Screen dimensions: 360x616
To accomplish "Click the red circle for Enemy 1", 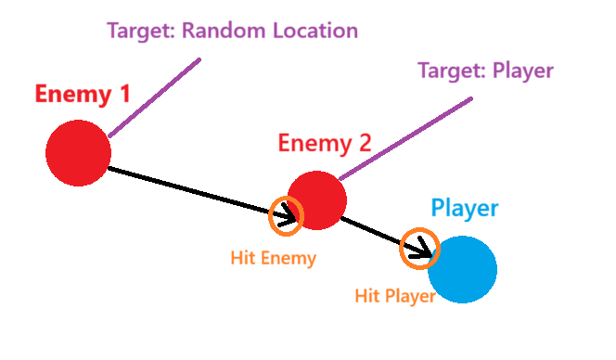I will click(78, 153).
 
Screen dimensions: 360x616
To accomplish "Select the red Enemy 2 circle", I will click(317, 199).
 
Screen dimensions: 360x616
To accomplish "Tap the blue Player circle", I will click(462, 269).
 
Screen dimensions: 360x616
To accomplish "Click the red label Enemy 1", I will click(83, 94).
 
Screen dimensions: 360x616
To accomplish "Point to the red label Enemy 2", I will click(325, 144).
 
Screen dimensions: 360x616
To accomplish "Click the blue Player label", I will click(464, 209).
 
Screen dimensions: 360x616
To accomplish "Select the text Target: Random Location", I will click(233, 31).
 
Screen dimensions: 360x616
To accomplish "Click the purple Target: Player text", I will click(485, 71).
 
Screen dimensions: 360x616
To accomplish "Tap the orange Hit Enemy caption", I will click(274, 259).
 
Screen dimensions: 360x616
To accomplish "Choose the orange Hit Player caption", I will click(395, 297).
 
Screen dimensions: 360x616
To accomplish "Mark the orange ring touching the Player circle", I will click(418, 249).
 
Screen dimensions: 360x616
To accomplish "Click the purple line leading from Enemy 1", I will click(154, 98).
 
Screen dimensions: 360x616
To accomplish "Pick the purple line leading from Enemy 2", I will click(404, 139).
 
